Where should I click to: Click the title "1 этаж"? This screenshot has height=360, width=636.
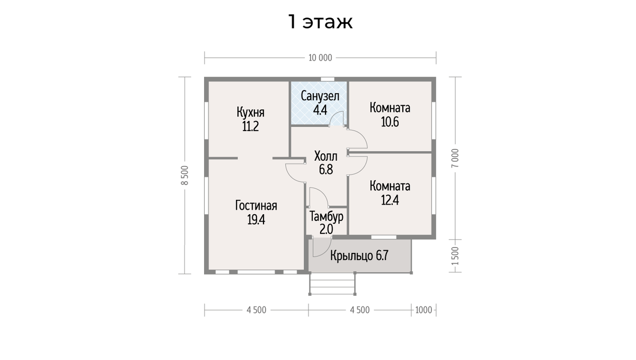320,22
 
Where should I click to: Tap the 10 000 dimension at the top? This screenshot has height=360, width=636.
320,58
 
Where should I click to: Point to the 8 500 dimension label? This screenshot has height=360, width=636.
184,175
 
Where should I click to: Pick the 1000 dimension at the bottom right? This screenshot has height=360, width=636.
423,310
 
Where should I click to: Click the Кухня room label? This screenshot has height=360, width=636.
250,113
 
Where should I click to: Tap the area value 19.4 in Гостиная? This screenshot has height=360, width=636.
256,220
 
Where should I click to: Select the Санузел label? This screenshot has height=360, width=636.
320,96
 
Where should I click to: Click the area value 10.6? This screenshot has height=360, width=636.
390,122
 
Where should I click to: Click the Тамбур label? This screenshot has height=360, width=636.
326,216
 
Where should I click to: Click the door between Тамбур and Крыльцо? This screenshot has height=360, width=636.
321,245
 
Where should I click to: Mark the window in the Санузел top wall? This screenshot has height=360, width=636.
327,79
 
